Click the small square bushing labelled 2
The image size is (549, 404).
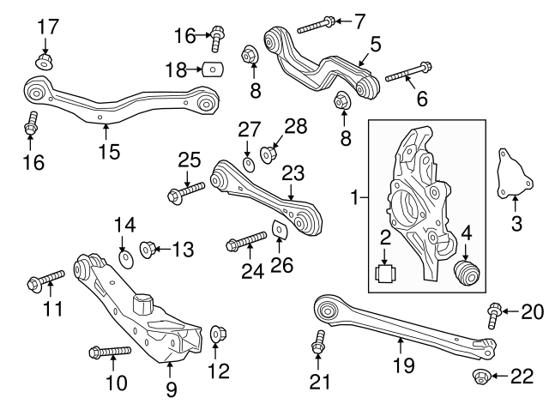point(385,274)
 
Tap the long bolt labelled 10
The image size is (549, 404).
point(108,351)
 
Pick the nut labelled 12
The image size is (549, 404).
point(215,332)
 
